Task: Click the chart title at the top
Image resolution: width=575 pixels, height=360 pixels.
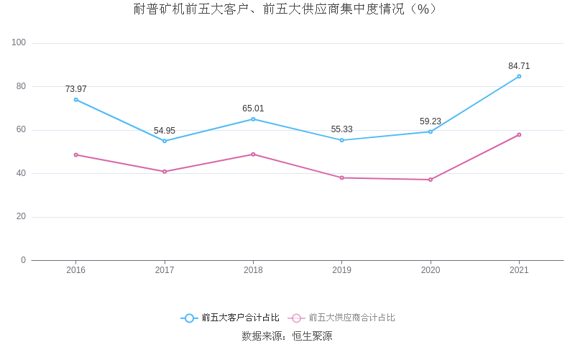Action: coord(287,9)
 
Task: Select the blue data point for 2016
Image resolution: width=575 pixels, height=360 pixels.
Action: coord(75,100)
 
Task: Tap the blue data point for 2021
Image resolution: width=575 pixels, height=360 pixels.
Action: coord(519,76)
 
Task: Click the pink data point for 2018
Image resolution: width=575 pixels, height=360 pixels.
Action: coord(253,154)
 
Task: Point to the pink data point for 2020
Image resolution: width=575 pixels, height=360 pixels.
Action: coord(431,180)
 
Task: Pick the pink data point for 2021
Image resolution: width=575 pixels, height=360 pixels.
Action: coord(519,134)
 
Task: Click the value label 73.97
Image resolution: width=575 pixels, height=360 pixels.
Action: coord(75,89)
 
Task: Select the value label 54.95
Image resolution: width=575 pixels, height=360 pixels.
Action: coord(165,131)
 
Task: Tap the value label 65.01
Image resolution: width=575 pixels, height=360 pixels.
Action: coord(253,109)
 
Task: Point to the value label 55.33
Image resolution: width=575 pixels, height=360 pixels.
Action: coord(341,129)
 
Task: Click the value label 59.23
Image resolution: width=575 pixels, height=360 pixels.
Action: coord(431,121)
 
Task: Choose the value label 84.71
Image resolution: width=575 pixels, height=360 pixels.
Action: coord(519,66)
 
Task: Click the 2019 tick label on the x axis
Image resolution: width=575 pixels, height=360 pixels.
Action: coord(341,270)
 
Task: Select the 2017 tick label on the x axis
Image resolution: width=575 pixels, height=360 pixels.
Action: coord(165,270)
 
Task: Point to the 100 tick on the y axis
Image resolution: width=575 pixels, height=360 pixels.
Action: coord(19,43)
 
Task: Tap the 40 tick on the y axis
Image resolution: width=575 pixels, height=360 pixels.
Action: coord(21,173)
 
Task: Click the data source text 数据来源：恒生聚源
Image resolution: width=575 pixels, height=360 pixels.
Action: coord(287,336)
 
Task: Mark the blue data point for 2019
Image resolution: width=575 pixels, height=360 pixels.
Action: coord(341,140)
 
